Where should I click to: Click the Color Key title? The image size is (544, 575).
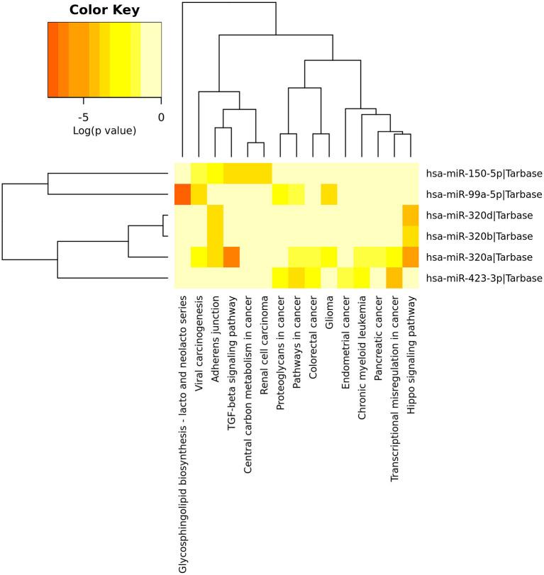pyautogui.click(x=104, y=11)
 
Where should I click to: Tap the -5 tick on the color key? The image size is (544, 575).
pyautogui.click(x=83, y=117)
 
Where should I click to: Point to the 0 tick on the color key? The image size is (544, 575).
pyautogui.click(x=161, y=117)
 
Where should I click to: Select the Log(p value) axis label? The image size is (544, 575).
pyautogui.click(x=104, y=131)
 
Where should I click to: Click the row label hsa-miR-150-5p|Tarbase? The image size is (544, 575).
pyautogui.click(x=484, y=173)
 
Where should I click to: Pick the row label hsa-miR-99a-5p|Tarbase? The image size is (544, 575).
pyautogui.click(x=484, y=194)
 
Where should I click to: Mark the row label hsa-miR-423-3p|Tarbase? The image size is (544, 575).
pyautogui.click(x=484, y=278)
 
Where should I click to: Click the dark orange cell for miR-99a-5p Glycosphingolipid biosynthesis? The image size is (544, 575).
pyautogui.click(x=182, y=194)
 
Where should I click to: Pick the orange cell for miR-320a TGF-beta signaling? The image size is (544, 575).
pyautogui.click(x=231, y=257)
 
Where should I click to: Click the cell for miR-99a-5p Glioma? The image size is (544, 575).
pyautogui.click(x=329, y=194)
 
